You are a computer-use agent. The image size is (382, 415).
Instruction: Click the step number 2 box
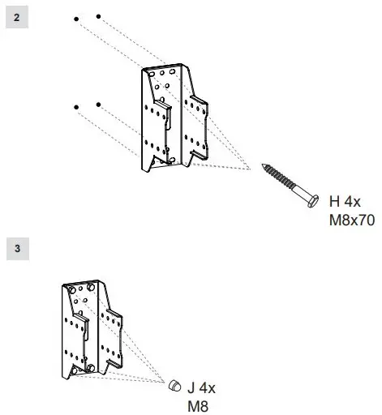(16, 17)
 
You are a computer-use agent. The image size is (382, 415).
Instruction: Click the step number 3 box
(16, 248)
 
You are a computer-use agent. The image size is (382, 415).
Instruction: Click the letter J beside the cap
(192, 388)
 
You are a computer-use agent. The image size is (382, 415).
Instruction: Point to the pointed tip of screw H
(264, 167)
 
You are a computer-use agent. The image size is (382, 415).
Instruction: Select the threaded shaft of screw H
(284, 181)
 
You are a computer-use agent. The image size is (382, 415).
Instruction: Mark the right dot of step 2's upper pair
(98, 15)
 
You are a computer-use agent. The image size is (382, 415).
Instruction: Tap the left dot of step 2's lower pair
(76, 106)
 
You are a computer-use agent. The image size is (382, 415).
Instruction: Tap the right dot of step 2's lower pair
(98, 105)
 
